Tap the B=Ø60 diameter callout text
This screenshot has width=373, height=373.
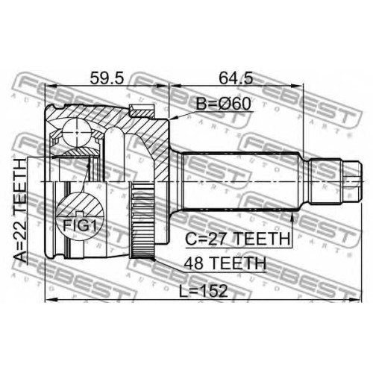pos(223,104)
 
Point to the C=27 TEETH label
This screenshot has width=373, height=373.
pos(238,239)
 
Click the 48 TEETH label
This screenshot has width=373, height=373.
pos(225,263)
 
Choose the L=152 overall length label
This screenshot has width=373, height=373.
pos(204,291)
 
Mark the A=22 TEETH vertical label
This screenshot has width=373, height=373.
pos(20,210)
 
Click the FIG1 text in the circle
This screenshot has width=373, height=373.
pos(79,225)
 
